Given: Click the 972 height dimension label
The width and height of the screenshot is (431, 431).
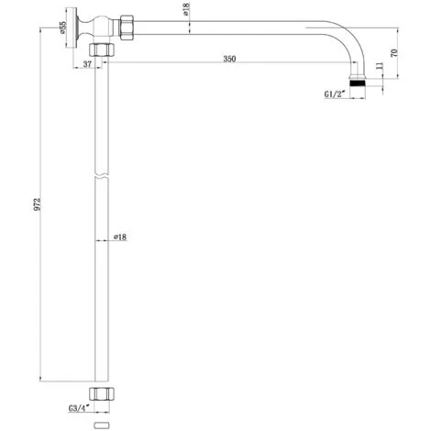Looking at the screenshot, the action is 37,204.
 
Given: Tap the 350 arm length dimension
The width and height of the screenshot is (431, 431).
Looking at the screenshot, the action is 229,59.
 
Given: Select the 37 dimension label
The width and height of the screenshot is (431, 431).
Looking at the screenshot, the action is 87,64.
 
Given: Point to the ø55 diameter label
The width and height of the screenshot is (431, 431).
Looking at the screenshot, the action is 62,28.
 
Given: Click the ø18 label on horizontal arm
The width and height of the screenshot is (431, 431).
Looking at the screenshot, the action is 186,9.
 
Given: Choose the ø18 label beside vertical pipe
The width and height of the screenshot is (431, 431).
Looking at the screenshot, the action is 120,237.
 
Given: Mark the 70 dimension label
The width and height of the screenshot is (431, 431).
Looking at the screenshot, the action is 394,52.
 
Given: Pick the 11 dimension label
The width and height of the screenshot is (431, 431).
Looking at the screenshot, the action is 380,66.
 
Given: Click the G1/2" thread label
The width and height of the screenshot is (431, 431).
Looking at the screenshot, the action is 335,94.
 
